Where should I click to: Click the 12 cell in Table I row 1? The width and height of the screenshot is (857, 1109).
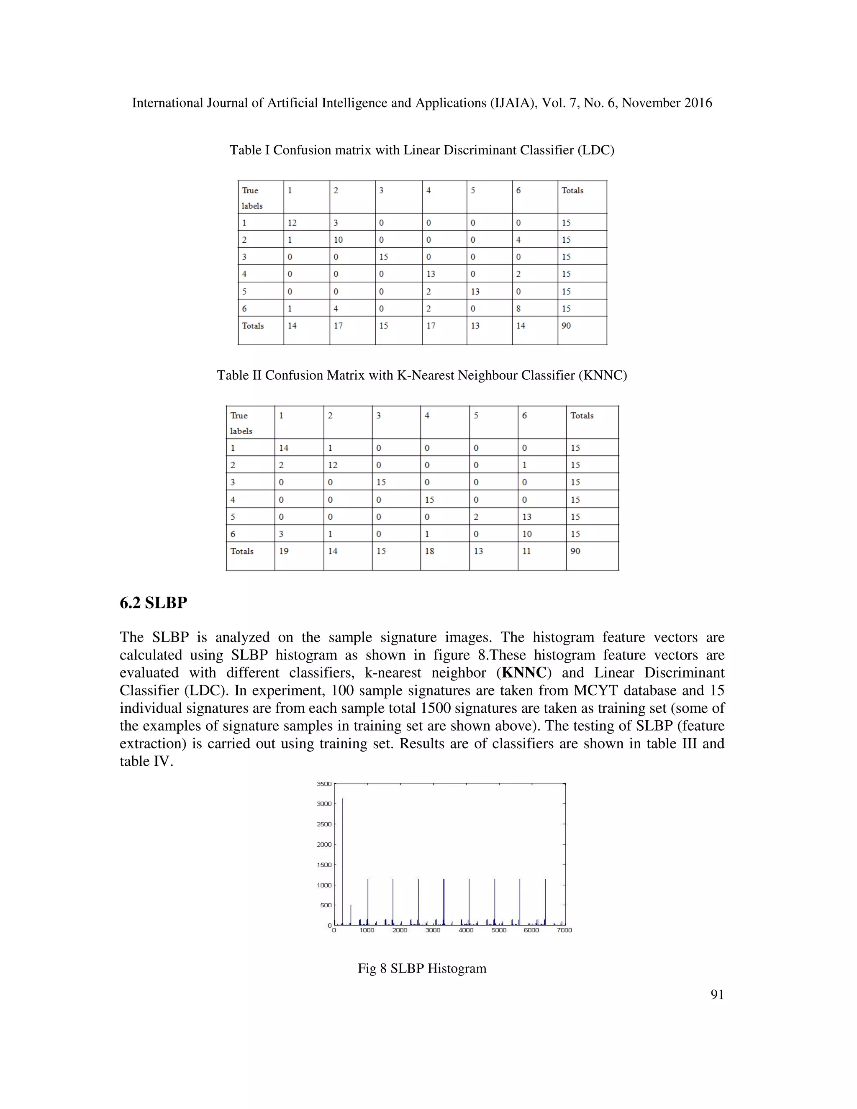pyautogui.click(x=292, y=222)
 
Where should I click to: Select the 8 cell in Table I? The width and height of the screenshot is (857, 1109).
pyautogui.click(x=518, y=308)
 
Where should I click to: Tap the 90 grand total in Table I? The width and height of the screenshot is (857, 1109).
pyautogui.click(x=566, y=326)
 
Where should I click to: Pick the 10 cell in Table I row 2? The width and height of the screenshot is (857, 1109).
pyautogui.click(x=338, y=240)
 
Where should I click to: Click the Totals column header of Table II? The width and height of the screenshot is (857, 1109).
pyautogui.click(x=582, y=416)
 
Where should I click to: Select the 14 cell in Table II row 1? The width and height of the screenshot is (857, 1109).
pyautogui.click(x=283, y=448)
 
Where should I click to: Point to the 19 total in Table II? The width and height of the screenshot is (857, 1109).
pyautogui.click(x=283, y=551)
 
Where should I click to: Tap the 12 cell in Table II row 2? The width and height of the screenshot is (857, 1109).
pyautogui.click(x=333, y=465)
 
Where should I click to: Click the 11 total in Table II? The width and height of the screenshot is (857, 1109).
pyautogui.click(x=526, y=551)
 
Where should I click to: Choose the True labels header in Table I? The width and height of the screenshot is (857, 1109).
pyautogui.click(x=252, y=198)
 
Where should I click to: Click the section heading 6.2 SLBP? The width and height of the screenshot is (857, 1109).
pyautogui.click(x=153, y=603)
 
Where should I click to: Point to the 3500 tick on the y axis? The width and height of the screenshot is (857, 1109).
pyautogui.click(x=324, y=783)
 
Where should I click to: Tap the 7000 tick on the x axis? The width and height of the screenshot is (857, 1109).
pyautogui.click(x=564, y=930)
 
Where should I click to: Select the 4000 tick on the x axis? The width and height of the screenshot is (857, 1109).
pyautogui.click(x=466, y=930)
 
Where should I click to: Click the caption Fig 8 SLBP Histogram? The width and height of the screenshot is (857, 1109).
pyautogui.click(x=422, y=968)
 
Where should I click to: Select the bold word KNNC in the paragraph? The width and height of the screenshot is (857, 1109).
pyautogui.click(x=524, y=673)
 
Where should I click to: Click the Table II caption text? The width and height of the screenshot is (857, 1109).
pyautogui.click(x=422, y=375)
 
